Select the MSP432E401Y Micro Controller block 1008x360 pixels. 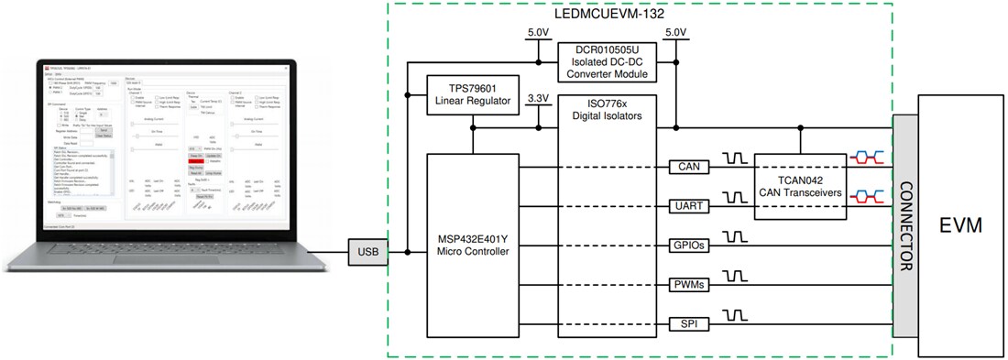tap(473, 245)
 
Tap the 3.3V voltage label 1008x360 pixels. tap(538, 98)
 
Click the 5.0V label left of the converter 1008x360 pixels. tap(537, 34)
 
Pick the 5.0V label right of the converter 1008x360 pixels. tap(675, 34)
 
